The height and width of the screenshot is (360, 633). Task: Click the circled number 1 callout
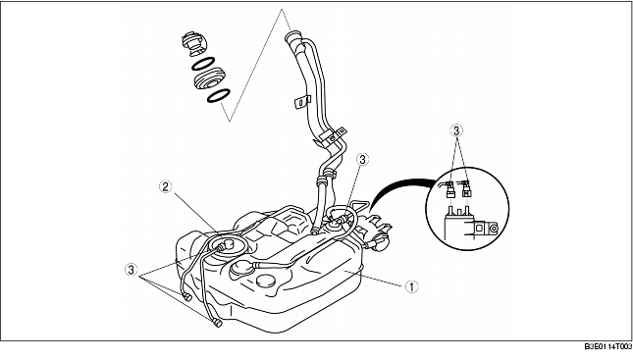tap(411, 287)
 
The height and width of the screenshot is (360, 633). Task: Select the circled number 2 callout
tap(166, 186)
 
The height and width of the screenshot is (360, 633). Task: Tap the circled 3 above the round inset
tap(456, 130)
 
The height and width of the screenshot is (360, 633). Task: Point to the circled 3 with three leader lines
tap(131, 269)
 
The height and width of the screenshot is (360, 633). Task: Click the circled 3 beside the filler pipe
tap(362, 160)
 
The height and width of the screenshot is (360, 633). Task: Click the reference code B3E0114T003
tap(607, 347)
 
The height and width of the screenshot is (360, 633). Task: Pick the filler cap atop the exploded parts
tap(193, 43)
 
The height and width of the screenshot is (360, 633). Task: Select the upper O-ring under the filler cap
tap(202, 64)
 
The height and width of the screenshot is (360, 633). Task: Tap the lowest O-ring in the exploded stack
tap(219, 96)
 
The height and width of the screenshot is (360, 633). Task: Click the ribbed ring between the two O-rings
tap(209, 79)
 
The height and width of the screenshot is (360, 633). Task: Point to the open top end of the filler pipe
tap(293, 37)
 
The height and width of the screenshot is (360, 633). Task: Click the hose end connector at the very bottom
tap(217, 322)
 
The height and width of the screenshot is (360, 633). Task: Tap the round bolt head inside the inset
tap(493, 229)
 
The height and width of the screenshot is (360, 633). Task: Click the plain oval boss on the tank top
tap(266, 281)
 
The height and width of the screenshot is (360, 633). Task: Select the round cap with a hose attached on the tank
tap(242, 269)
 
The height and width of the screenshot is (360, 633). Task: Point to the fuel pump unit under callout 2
tap(225, 246)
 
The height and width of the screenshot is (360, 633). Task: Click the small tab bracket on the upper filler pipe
tap(302, 102)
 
